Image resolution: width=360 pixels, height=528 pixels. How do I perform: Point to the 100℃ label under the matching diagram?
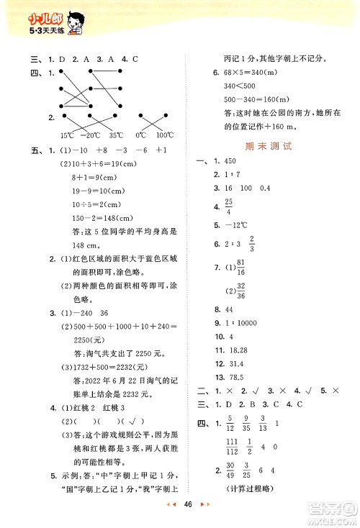[x=165, y=135]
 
